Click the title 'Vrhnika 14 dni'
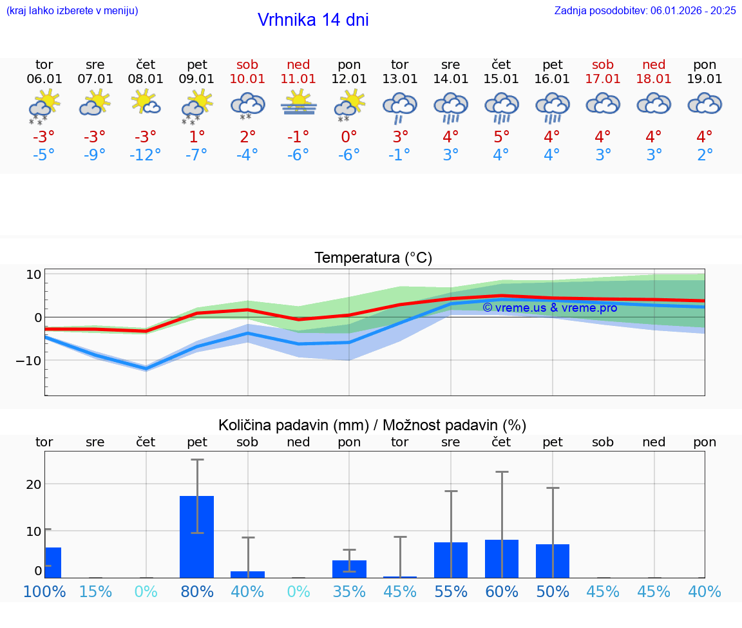coord(313,20)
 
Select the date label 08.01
coord(146,79)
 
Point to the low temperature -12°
coord(146,155)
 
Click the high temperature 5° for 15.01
coord(501,137)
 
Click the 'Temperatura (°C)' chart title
coord(373,258)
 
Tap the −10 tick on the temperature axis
coord(29,361)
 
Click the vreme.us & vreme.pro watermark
coord(549,308)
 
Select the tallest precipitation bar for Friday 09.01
coord(196,537)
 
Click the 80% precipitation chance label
coord(196,591)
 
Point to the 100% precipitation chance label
coord(44,591)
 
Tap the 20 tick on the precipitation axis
coord(33,484)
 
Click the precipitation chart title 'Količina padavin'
coord(372,425)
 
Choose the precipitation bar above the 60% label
coord(502,558)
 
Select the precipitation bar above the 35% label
coord(349,569)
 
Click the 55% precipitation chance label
coord(451,591)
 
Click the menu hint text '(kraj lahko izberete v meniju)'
coord(72,10)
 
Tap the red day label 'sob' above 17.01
coord(603,65)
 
